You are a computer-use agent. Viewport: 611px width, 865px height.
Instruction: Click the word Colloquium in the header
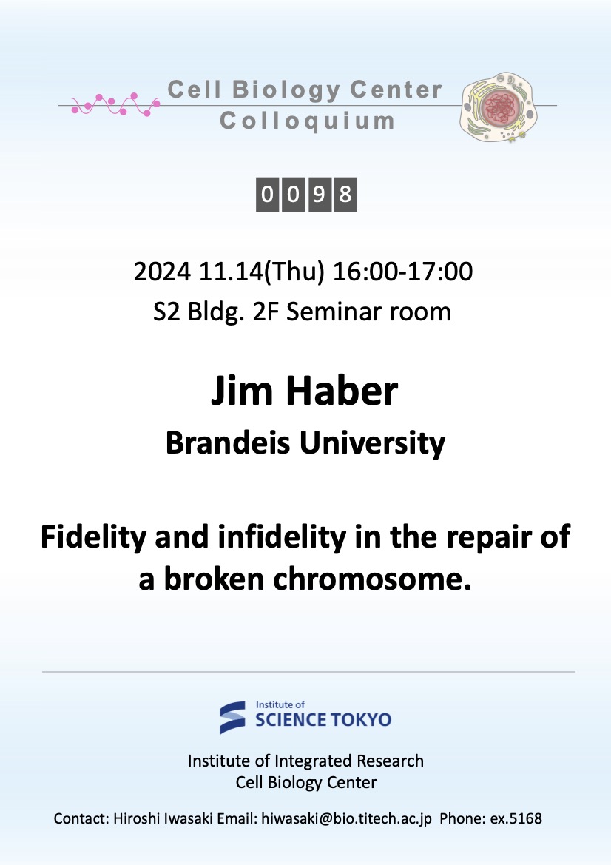coord(307,121)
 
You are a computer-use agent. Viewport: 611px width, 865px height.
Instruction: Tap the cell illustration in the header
coord(499,107)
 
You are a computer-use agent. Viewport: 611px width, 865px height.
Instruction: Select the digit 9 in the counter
coord(319,194)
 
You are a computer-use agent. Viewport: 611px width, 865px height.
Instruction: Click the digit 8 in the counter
coord(345,194)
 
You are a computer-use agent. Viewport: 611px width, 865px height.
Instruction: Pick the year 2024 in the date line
coord(162,272)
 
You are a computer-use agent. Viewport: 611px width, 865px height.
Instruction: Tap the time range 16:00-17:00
coord(402,272)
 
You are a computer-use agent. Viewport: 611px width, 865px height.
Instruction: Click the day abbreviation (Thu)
coord(294,272)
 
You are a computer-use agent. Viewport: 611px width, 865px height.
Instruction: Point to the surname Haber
coord(341,391)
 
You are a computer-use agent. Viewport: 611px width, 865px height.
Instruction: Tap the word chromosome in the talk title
coord(372,579)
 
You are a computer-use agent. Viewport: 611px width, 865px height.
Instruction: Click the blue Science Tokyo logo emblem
coord(233,717)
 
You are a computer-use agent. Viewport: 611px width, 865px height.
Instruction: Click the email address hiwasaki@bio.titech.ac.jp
coord(346,818)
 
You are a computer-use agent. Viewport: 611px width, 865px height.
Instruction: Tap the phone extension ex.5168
coord(516,818)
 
